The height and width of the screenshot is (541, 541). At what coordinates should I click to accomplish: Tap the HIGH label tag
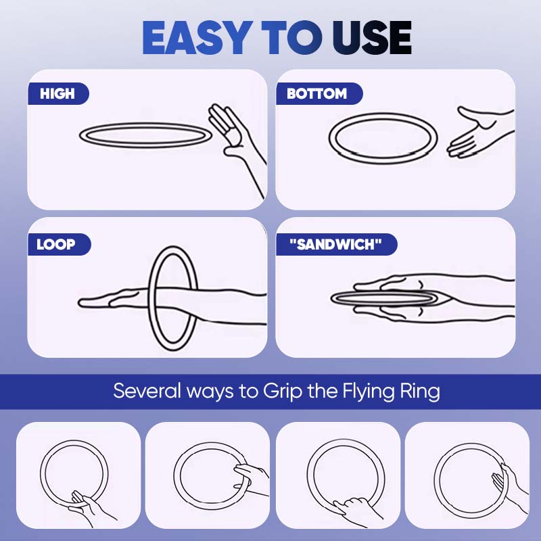coord(57,93)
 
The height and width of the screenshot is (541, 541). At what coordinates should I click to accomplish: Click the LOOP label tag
coord(58,244)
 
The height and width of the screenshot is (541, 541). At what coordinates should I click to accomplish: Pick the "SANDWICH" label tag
coord(336,244)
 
